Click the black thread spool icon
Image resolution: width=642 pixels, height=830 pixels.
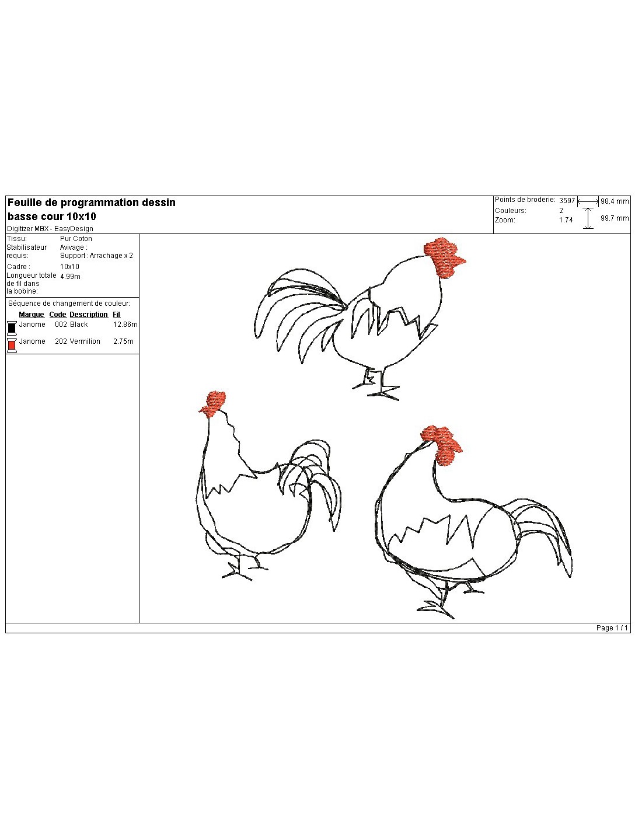[x=12, y=328]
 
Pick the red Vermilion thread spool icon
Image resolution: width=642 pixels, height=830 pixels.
[x=12, y=345]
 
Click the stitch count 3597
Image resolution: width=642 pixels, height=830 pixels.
[x=567, y=201]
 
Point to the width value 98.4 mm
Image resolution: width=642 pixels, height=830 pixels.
[x=615, y=201]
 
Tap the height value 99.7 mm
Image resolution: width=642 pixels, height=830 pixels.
[x=615, y=218]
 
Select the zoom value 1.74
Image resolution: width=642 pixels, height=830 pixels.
[x=566, y=220]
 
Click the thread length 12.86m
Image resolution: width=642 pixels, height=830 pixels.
[x=125, y=325]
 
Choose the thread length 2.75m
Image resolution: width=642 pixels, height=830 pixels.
[x=123, y=341]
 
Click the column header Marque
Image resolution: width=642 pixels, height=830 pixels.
[x=32, y=315]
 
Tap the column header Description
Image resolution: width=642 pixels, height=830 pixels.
[x=89, y=315]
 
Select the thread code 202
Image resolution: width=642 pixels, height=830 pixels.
[x=61, y=341]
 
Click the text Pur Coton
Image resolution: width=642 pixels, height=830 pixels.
[x=76, y=239]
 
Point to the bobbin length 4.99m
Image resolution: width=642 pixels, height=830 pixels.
[x=70, y=277]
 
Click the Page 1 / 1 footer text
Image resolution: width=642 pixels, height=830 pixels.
[x=612, y=628]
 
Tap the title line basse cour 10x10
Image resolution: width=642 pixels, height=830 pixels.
[x=52, y=217]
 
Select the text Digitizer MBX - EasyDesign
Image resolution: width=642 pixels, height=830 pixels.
[x=50, y=229]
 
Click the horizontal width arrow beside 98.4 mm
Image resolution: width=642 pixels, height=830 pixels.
[x=588, y=201]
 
